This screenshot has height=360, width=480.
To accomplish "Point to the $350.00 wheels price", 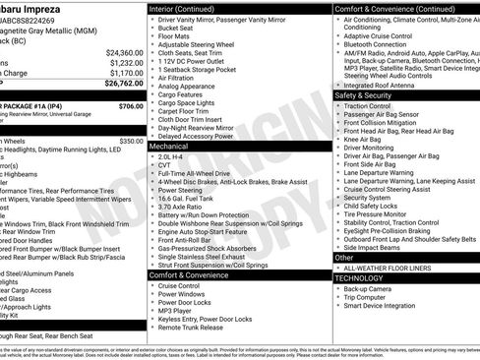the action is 131,141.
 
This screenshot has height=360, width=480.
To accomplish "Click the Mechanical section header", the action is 170,145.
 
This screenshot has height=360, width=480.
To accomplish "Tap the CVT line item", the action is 165,165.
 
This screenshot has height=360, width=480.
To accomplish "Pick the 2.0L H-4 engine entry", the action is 170,155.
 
